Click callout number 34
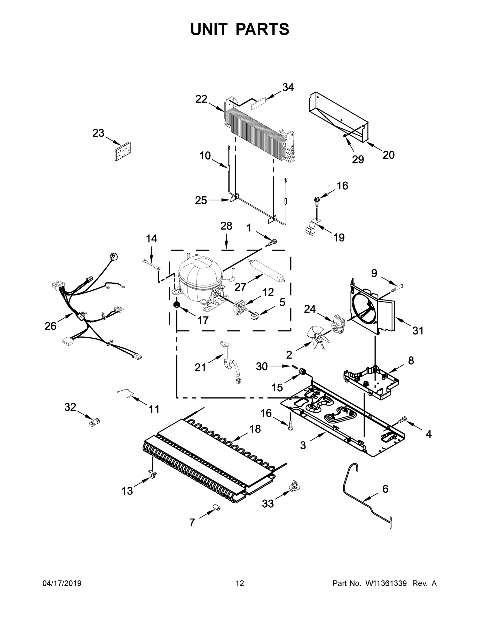point(288,87)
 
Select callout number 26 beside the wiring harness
point(50,326)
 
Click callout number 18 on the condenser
point(255,429)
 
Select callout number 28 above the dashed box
point(226,226)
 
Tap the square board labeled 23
point(123,152)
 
